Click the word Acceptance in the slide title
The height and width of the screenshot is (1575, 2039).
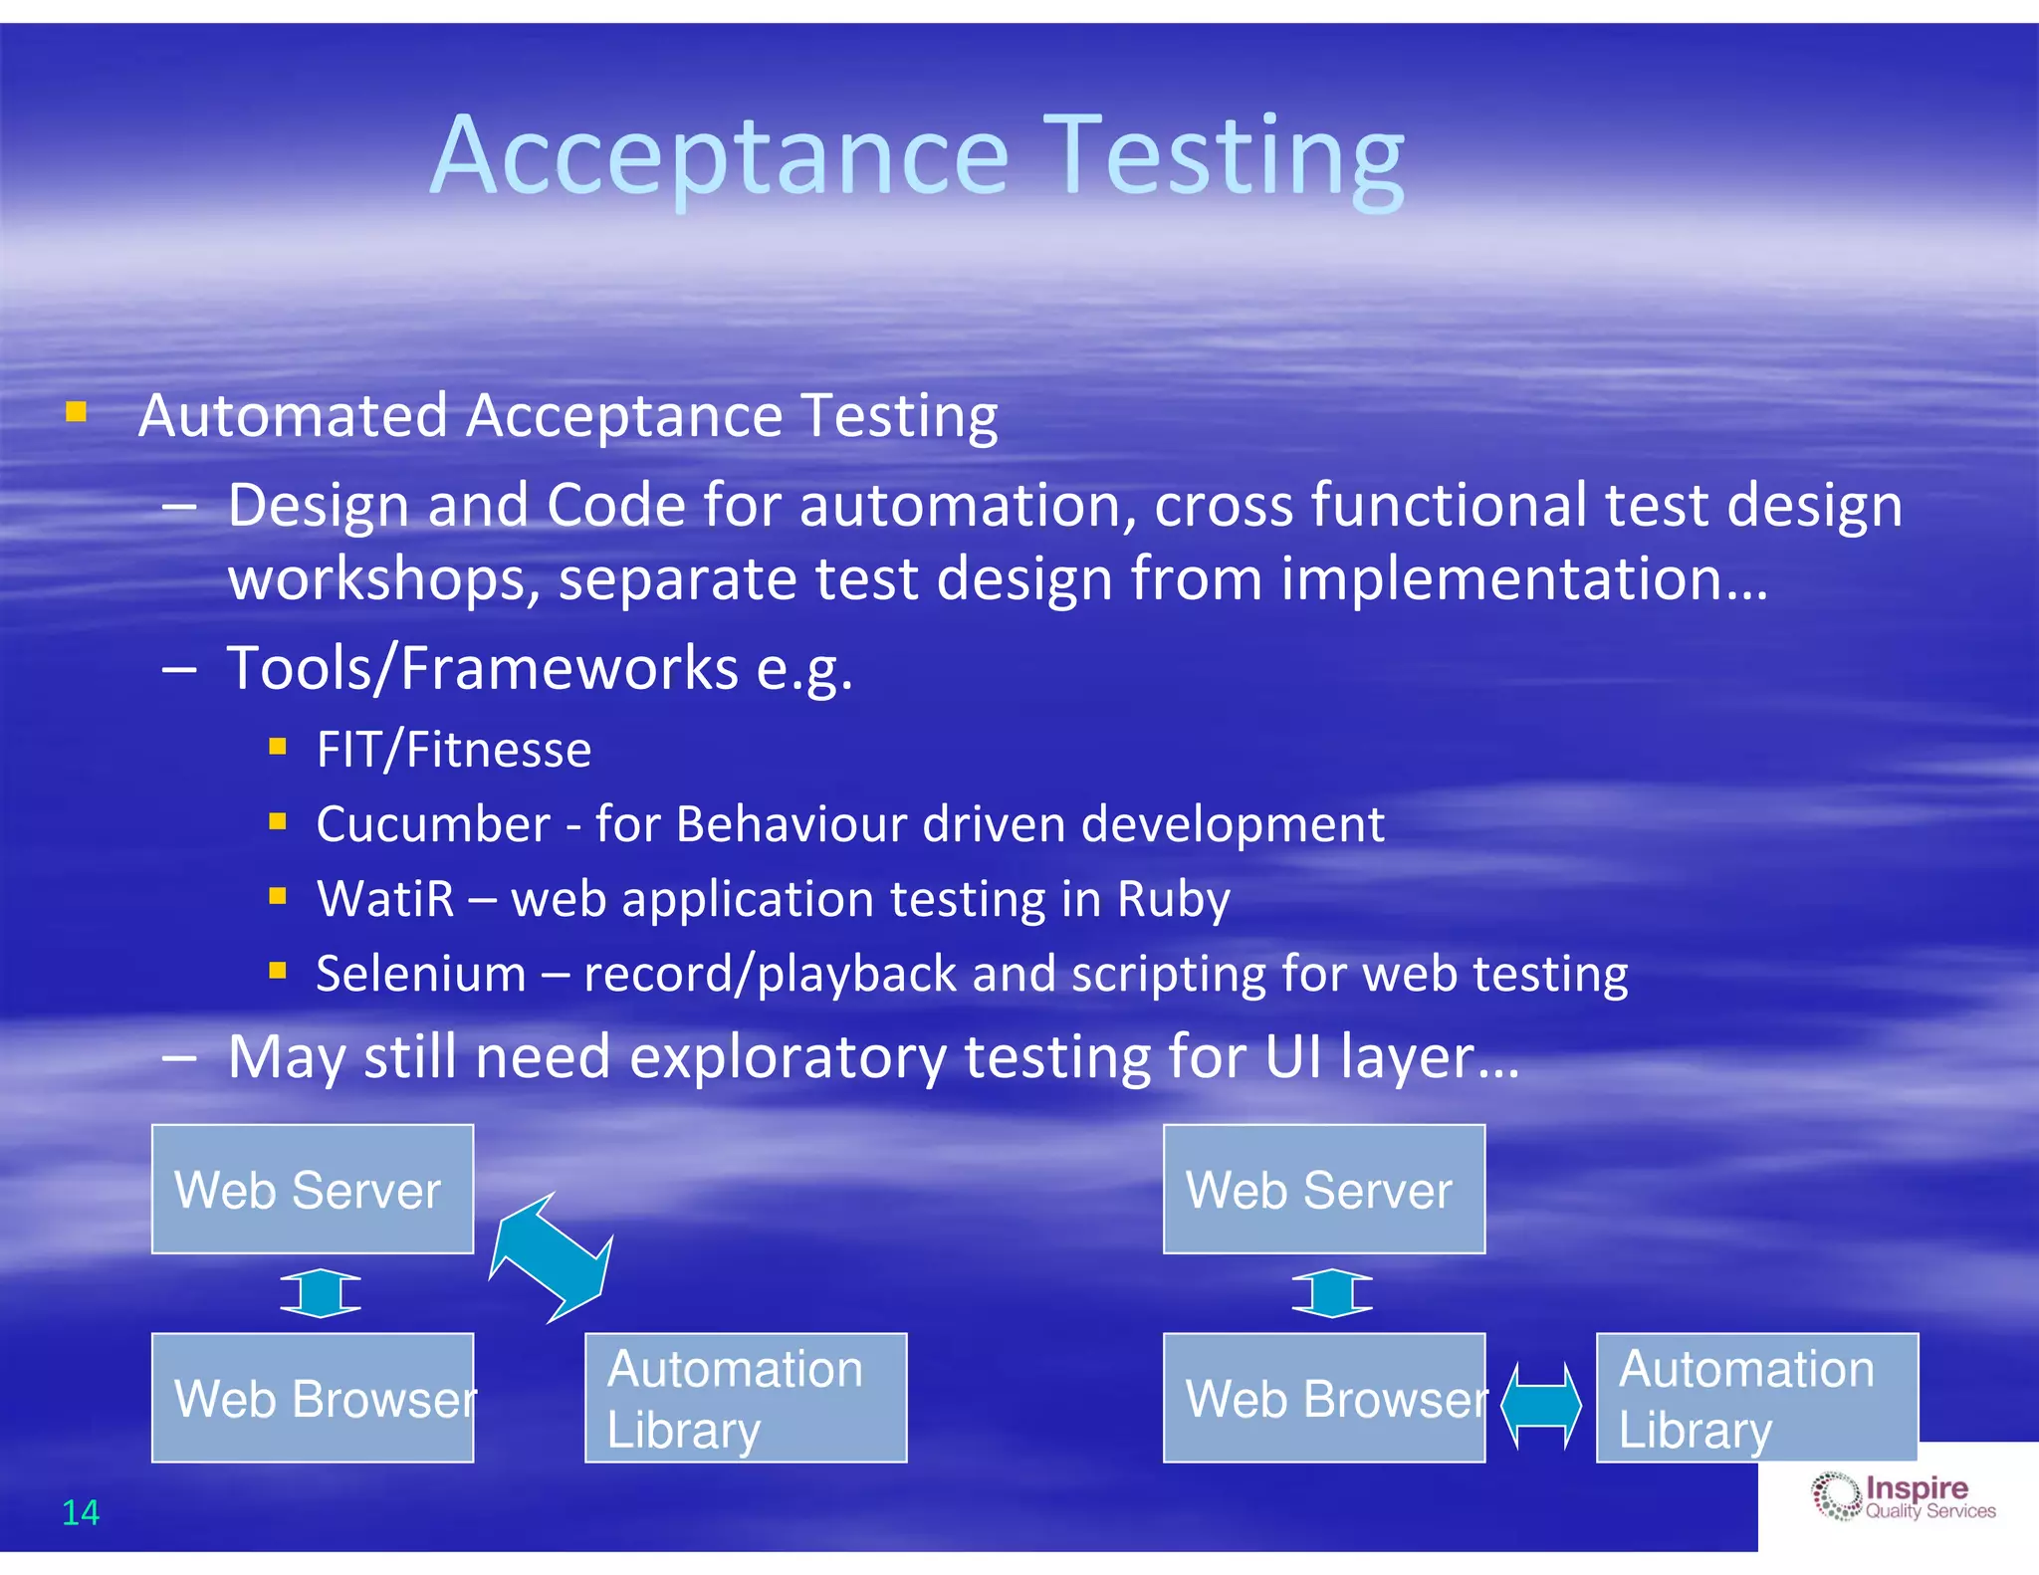click(x=720, y=157)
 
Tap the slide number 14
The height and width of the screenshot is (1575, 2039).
click(x=81, y=1512)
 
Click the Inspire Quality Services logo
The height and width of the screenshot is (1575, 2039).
click(x=1903, y=1496)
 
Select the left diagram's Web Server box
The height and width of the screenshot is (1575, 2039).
click(x=313, y=1189)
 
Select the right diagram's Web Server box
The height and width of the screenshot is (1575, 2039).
click(x=1324, y=1189)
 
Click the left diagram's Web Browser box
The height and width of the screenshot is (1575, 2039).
click(x=313, y=1398)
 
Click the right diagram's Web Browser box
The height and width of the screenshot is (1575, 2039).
click(x=1324, y=1398)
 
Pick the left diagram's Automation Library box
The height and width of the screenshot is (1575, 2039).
click(x=746, y=1398)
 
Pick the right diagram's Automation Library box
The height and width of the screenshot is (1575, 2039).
click(x=1757, y=1398)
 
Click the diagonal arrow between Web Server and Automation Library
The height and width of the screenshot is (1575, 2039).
click(x=551, y=1258)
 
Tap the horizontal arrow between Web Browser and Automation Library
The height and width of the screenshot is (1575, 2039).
click(x=1541, y=1406)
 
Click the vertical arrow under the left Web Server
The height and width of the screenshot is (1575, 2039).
click(x=321, y=1293)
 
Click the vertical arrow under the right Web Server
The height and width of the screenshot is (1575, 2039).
click(x=1332, y=1293)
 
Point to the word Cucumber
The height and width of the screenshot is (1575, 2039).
click(x=433, y=824)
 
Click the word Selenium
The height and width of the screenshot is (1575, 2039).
click(x=421, y=974)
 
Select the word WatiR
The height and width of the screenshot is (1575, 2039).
click(x=385, y=899)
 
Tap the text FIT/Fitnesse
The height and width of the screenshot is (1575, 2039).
click(x=453, y=750)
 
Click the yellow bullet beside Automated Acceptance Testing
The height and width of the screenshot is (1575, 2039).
click(x=77, y=411)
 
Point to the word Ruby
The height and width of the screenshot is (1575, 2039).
click(x=1173, y=899)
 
